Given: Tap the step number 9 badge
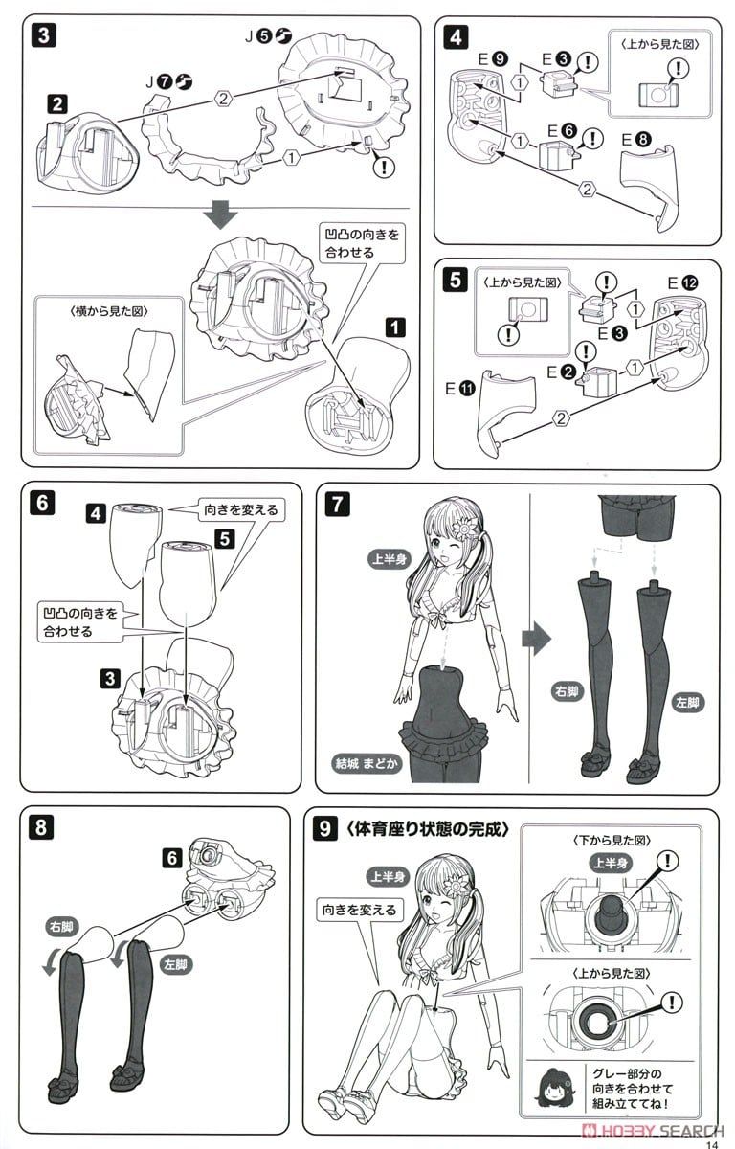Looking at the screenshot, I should tap(325, 829).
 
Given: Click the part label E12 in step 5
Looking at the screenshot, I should tap(685, 282).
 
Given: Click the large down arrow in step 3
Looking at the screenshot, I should tap(222, 214).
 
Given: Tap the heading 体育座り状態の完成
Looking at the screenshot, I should tap(428, 828).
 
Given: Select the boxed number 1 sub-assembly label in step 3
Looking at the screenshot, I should tap(393, 325).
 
